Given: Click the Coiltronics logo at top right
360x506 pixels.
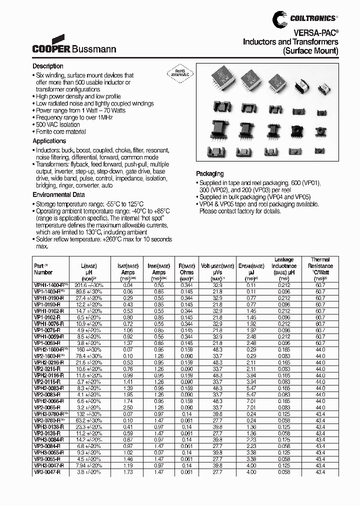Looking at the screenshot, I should coord(304,18).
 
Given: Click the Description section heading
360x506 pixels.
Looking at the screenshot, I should coord(48,66).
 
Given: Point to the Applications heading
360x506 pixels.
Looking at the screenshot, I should coord(49,141).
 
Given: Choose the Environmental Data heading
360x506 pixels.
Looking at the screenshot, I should coord(58,195).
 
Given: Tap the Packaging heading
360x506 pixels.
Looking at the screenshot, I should coord(210,174).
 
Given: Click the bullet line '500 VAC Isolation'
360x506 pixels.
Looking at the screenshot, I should coord(57,124).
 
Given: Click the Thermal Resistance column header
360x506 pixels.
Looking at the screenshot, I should coord(320,266).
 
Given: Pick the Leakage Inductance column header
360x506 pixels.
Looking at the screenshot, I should coord(284,266).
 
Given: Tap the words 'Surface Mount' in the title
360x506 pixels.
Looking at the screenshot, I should coord(310,51).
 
